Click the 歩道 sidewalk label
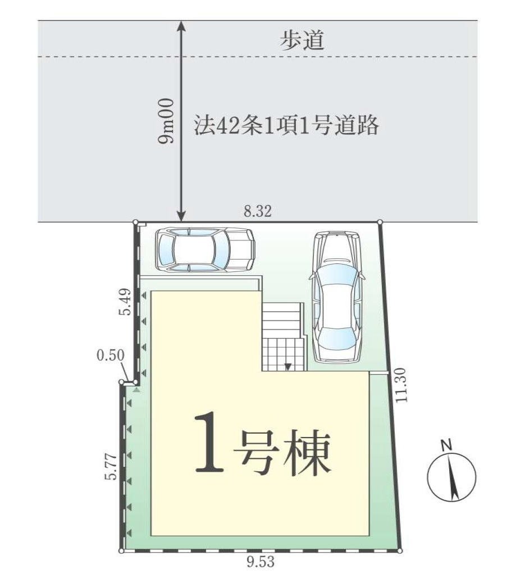click(303, 42)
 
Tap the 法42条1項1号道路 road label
click(287, 125)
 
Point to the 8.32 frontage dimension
click(258, 212)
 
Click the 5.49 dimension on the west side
click(127, 302)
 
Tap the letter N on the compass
click(446, 445)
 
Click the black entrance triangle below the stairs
click(287, 367)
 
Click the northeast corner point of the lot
click(380, 222)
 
